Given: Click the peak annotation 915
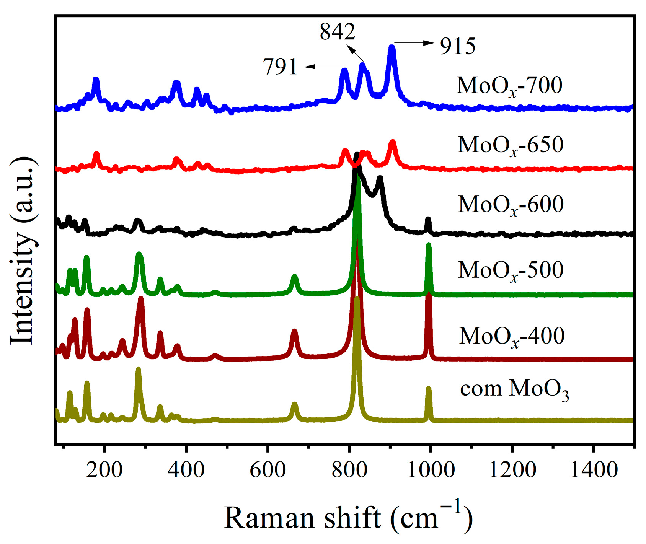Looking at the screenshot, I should click(x=457, y=46).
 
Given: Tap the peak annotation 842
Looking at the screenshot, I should click(x=338, y=31).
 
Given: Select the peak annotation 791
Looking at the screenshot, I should click(x=280, y=67).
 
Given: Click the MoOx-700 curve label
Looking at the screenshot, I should click(x=509, y=85).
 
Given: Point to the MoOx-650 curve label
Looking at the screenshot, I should click(x=511, y=145).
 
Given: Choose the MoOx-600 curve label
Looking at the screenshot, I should click(x=511, y=205).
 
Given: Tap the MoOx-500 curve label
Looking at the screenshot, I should click(x=511, y=270).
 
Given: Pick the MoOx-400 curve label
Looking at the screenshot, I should click(x=511, y=336).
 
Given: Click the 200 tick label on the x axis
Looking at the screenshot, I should click(x=104, y=469).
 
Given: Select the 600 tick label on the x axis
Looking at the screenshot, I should click(x=268, y=469).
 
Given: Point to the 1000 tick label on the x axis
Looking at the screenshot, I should click(x=431, y=469).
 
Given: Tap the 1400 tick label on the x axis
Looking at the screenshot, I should click(x=594, y=469).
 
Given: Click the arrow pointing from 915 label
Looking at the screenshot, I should click(x=414, y=44).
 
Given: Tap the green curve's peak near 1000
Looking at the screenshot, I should click(x=429, y=245).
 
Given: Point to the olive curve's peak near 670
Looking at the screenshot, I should click(x=294, y=404).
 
